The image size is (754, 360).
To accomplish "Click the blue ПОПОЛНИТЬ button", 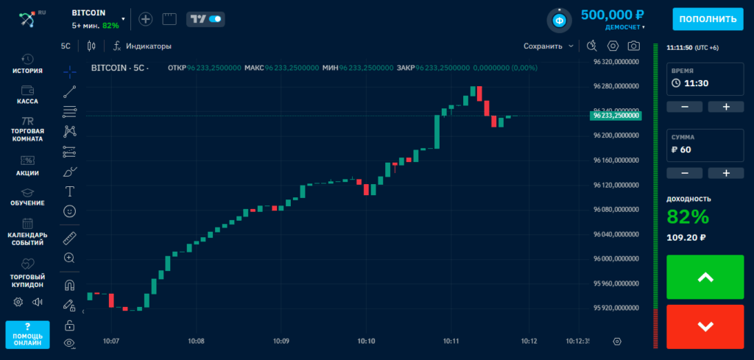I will (x=707, y=19).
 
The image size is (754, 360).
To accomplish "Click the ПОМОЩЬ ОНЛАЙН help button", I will (x=27, y=335).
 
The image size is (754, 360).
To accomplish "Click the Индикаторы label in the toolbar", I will (x=148, y=46).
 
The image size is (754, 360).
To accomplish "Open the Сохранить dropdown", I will (x=549, y=46).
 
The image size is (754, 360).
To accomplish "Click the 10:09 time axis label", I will (x=281, y=341).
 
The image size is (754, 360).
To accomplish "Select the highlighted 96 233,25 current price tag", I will (x=616, y=116).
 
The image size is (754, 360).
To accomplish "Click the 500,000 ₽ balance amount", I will (x=613, y=14).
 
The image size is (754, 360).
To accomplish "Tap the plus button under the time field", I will (x=725, y=107).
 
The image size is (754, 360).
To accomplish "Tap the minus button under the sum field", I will (x=686, y=173).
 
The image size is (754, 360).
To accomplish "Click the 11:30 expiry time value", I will (x=697, y=83).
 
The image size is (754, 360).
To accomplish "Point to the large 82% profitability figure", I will (x=688, y=216).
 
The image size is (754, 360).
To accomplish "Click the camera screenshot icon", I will (x=633, y=46).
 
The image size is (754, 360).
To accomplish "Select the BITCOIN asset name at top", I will (x=89, y=13).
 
